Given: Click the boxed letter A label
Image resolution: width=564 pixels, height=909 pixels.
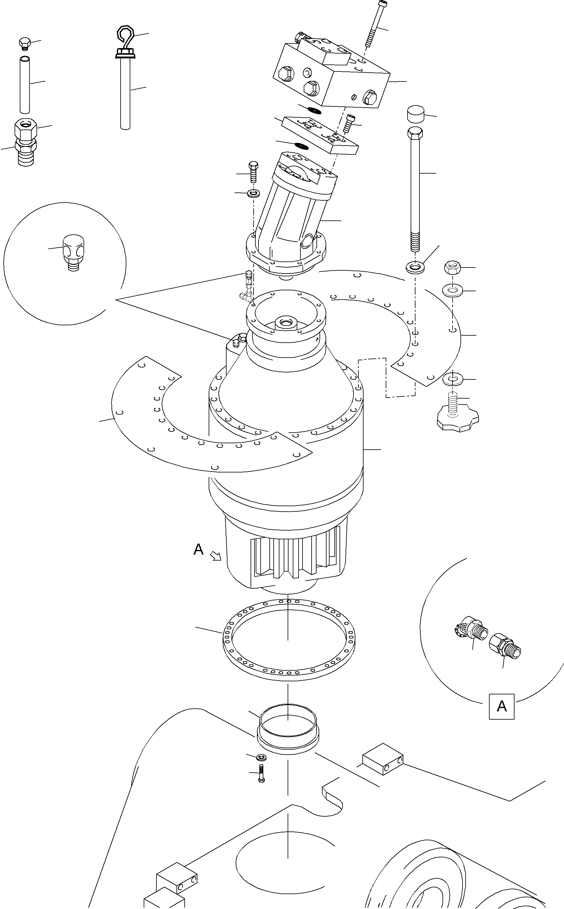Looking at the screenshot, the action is [x=502, y=706].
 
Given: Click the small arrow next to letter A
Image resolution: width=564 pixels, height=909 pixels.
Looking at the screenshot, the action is [x=216, y=557].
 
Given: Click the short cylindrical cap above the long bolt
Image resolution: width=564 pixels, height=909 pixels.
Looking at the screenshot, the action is [x=415, y=114].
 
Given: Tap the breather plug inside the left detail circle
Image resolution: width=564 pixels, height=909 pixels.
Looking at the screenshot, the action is [x=73, y=253].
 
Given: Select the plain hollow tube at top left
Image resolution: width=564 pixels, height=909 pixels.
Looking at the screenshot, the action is [x=25, y=85].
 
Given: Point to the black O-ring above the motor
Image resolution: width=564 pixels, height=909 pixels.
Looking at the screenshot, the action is [x=301, y=145].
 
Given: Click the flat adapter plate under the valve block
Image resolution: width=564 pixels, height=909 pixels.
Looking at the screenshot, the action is [x=320, y=136].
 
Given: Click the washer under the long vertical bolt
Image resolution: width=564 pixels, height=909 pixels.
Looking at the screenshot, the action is [x=415, y=267].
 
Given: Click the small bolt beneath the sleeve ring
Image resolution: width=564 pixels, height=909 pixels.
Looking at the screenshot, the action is [x=261, y=773].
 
